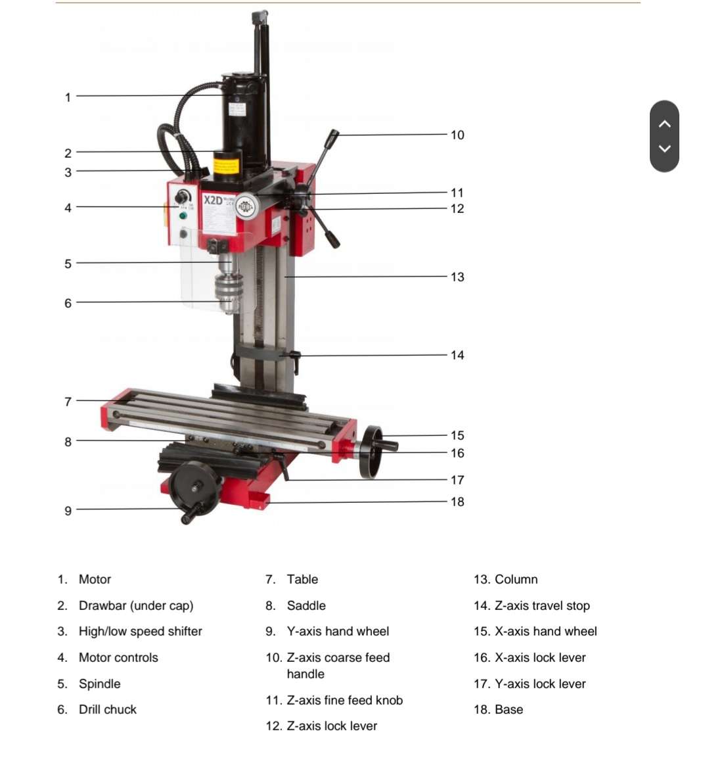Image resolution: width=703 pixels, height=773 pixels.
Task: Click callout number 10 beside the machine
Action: pos(457,135)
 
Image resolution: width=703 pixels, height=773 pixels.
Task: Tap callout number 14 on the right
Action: pos(457,355)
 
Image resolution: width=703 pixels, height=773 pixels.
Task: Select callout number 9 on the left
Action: pos(68,511)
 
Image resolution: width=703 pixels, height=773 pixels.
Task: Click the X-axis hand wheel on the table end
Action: pos(372,452)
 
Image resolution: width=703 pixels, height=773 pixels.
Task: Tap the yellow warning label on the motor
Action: pos(227,164)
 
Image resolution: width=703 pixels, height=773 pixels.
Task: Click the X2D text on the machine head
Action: pos(213,200)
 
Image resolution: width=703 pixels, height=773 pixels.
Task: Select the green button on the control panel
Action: pos(183,216)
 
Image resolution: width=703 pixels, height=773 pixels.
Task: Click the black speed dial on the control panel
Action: pos(183,197)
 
